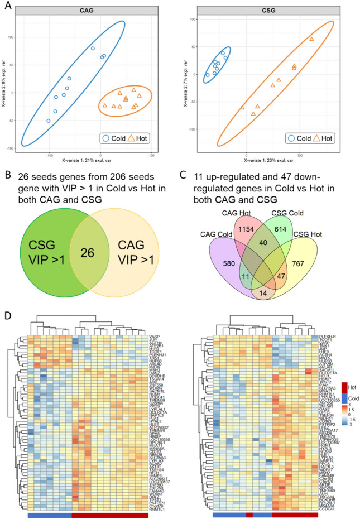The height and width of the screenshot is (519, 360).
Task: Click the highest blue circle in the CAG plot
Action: click(93, 49)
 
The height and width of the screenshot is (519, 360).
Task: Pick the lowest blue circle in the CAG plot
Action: click(49, 121)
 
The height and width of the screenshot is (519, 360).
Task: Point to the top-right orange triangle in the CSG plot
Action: click(311, 39)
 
